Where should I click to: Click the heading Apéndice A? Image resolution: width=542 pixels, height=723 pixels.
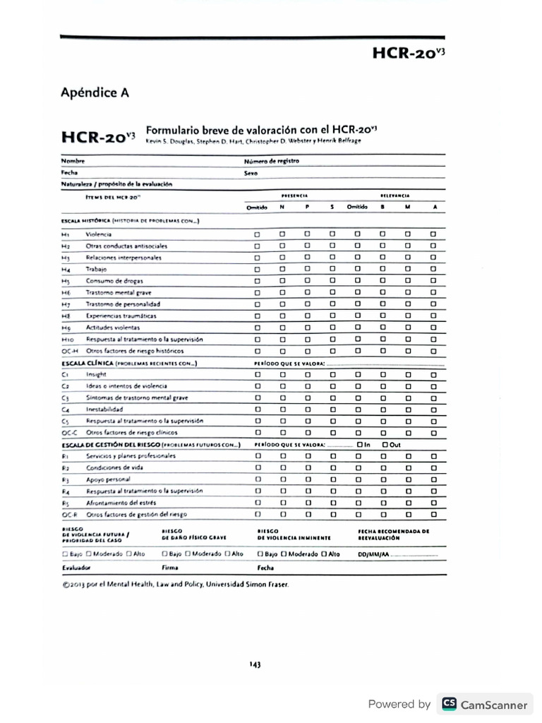(x=95, y=92)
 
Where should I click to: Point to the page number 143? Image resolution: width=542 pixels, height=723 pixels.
(x=255, y=664)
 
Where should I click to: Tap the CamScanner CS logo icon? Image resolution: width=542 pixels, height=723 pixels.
(x=448, y=704)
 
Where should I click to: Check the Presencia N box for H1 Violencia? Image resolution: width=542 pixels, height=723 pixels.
(x=282, y=234)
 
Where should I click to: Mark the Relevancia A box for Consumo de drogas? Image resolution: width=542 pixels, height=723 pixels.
(x=433, y=280)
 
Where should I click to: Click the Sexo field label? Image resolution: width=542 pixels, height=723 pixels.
(x=251, y=172)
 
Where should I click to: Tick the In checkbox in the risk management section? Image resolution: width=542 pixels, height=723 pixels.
(x=361, y=444)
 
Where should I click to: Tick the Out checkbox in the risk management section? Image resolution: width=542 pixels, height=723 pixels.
(x=385, y=444)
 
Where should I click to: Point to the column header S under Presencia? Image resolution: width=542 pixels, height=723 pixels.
(x=332, y=207)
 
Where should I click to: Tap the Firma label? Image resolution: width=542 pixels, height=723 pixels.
(x=169, y=567)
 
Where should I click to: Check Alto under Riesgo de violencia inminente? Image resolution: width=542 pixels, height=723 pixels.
(x=323, y=554)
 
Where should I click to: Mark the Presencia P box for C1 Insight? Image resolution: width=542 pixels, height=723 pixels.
(x=307, y=374)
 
